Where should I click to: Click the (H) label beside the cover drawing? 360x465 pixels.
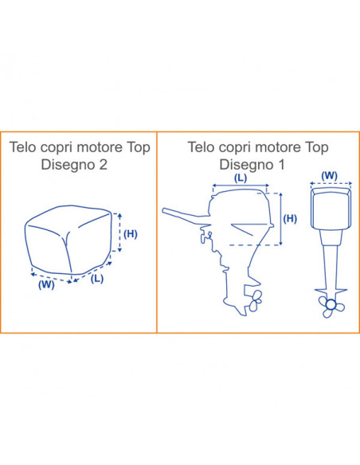pyautogui.click(x=131, y=234)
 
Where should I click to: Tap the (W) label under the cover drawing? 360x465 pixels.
pyautogui.click(x=46, y=285)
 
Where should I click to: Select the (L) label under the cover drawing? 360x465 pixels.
pyautogui.click(x=97, y=279)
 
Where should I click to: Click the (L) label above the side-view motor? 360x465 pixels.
pyautogui.click(x=241, y=178)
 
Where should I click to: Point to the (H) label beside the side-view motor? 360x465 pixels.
pyautogui.click(x=290, y=218)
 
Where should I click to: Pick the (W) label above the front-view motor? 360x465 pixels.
pyautogui.click(x=330, y=175)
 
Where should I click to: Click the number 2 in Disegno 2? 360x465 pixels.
pyautogui.click(x=104, y=165)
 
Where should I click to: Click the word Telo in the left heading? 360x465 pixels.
pyautogui.click(x=24, y=147)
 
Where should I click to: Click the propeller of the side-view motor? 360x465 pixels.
pyautogui.click(x=256, y=300)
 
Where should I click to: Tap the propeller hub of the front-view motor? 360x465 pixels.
pyautogui.click(x=330, y=304)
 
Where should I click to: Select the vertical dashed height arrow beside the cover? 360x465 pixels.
pyautogui.click(x=119, y=232)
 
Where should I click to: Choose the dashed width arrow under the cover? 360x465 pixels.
pyautogui.click(x=52, y=278)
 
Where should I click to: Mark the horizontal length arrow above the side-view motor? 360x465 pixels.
pyautogui.click(x=241, y=186)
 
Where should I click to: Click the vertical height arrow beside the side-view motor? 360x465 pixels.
pyautogui.click(x=281, y=219)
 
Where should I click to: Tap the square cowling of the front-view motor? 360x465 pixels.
pyautogui.click(x=331, y=208)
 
